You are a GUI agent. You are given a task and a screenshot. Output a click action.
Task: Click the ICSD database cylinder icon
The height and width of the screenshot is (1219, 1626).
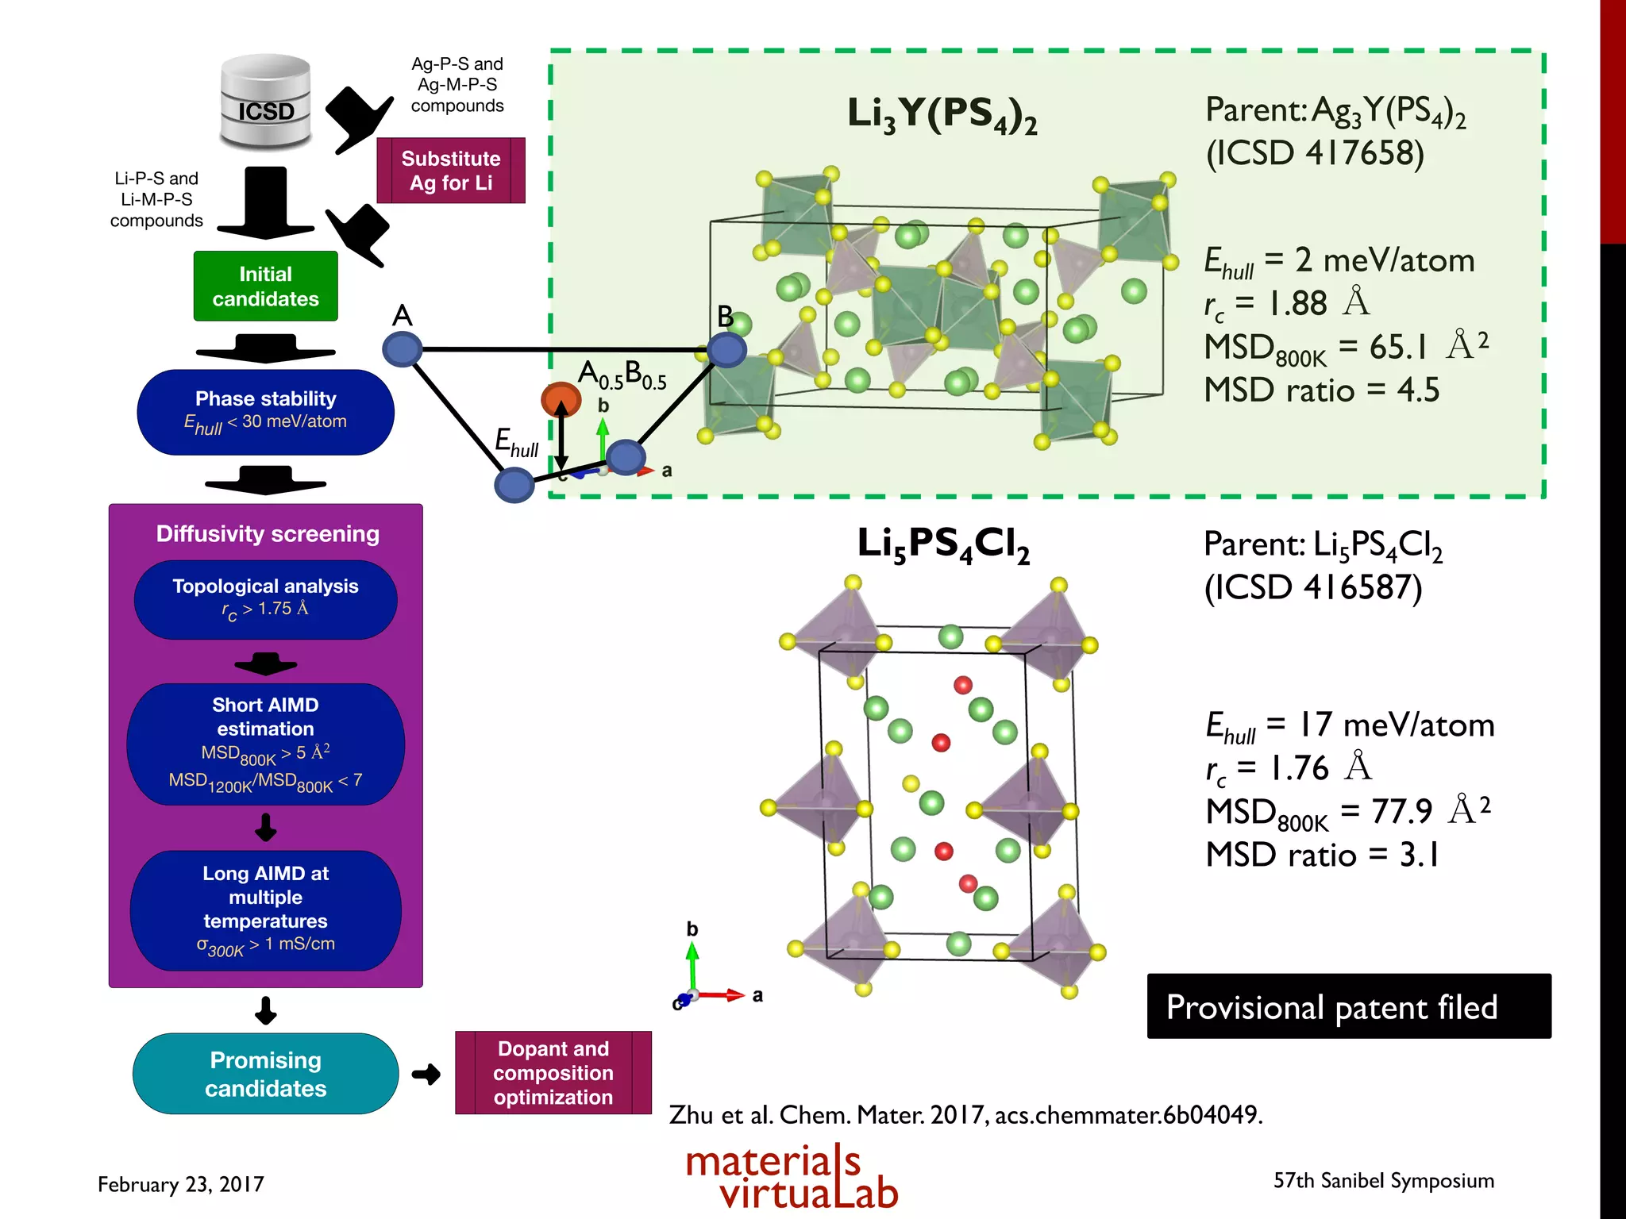coord(266,103)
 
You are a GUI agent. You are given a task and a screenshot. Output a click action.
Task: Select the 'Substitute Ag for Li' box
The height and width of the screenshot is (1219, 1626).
coord(450,171)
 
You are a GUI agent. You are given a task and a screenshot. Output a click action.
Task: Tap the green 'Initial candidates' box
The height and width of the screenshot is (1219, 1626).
coord(265,286)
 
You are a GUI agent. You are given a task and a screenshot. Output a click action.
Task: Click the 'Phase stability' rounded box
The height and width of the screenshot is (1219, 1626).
coord(265,412)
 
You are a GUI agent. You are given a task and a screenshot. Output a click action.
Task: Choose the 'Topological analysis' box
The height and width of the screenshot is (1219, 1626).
coord(265,599)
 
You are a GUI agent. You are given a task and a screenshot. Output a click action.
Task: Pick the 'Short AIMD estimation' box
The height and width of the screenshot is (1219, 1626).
coord(265,744)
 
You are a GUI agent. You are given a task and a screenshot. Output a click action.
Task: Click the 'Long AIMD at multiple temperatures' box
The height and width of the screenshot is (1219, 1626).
coord(265,909)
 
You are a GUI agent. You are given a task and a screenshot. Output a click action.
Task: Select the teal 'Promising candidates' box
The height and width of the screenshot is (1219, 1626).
coord(265,1074)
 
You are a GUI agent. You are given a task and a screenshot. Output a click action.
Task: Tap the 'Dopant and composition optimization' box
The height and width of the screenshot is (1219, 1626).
coord(553,1073)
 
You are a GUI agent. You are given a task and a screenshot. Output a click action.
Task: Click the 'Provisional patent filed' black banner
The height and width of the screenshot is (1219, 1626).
coord(1348,1006)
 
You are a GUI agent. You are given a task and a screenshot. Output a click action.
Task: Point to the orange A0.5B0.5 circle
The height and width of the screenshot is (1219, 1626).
coord(561,399)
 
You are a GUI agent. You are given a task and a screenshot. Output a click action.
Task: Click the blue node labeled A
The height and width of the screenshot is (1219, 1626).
coord(403,349)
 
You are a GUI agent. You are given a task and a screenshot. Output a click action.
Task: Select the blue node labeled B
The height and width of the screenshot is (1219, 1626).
coord(726,349)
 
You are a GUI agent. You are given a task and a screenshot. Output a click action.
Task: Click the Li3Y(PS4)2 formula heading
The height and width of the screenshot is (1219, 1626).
coord(942,115)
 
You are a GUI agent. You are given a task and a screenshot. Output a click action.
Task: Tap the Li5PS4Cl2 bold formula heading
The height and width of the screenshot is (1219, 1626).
coord(943,546)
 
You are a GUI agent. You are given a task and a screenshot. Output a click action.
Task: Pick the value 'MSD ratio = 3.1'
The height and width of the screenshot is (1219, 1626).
coord(1322,855)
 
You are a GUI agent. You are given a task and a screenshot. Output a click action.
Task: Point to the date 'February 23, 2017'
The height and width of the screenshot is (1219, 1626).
coord(181,1184)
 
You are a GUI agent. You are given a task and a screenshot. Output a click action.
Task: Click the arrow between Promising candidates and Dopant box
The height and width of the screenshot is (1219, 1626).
coord(426,1075)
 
